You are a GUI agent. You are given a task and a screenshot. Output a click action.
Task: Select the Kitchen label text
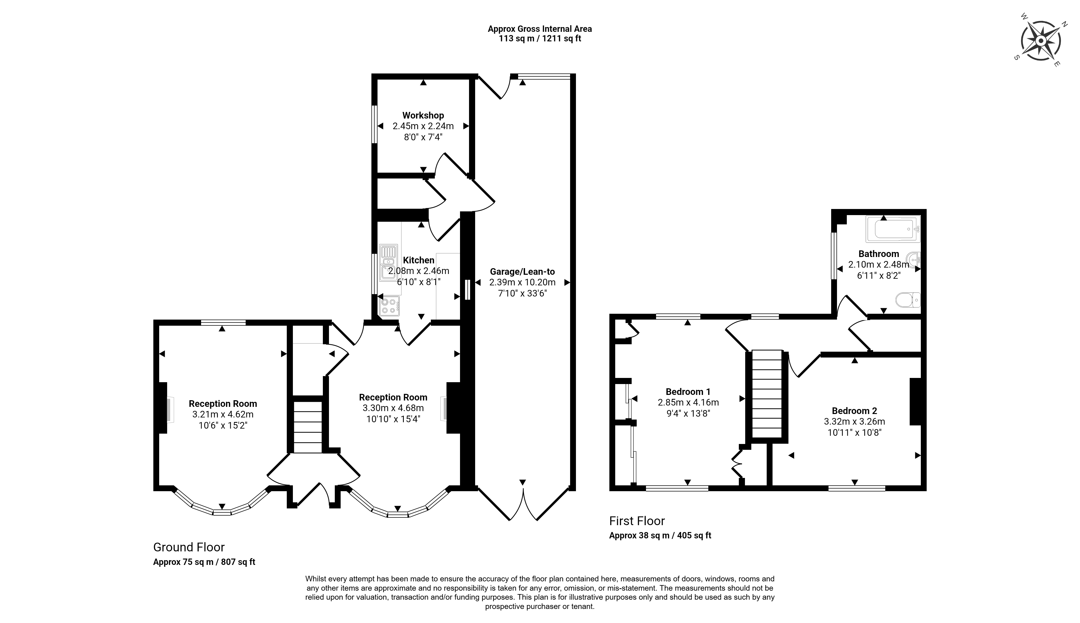[418, 260]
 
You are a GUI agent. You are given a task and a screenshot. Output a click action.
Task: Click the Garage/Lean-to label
[522, 272]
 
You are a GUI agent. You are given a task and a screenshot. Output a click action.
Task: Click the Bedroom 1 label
[688, 391]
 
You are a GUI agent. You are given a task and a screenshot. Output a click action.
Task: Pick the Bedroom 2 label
[855, 411]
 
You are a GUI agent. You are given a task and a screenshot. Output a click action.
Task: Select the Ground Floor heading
[189, 547]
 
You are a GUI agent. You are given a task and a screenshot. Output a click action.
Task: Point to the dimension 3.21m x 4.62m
[223, 415]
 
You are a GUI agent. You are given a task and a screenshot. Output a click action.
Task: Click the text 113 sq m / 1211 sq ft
[540, 38]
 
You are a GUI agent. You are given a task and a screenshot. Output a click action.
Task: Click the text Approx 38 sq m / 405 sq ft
[660, 535]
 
